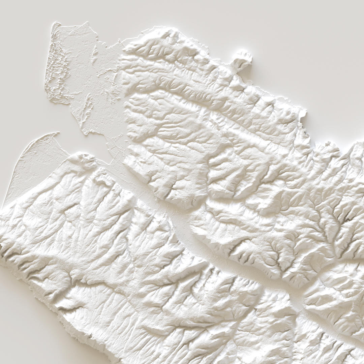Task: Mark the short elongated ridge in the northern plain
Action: pyautogui.click(x=95, y=54)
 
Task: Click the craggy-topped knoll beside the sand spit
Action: pyautogui.click(x=84, y=158)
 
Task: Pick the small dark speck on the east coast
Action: pyautogui.click(x=305, y=133)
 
